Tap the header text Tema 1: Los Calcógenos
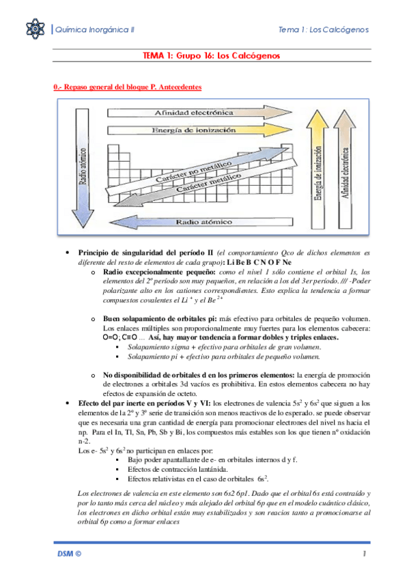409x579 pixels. (324, 30)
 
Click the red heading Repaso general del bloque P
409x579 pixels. (127, 87)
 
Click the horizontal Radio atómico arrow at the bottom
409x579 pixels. (205, 222)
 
